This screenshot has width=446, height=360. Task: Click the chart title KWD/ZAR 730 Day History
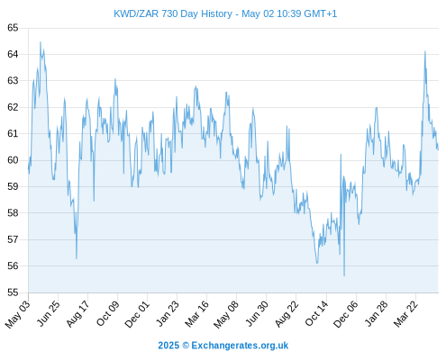[x=173, y=13]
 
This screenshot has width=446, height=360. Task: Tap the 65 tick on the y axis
[x=13, y=28]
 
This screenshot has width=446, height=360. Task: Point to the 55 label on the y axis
[x=13, y=292]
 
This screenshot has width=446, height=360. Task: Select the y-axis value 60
[x=13, y=160]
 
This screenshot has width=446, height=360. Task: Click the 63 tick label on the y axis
[x=13, y=81]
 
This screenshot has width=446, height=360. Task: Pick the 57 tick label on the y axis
[x=13, y=239]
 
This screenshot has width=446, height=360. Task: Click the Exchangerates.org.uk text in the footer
[x=240, y=346]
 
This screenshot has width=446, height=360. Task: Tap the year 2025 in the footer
[x=168, y=346]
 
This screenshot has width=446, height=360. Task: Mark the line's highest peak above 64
[x=41, y=42]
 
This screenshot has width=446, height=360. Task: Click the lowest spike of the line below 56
[x=344, y=275]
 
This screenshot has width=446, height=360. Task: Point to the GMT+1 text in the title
[x=321, y=13]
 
